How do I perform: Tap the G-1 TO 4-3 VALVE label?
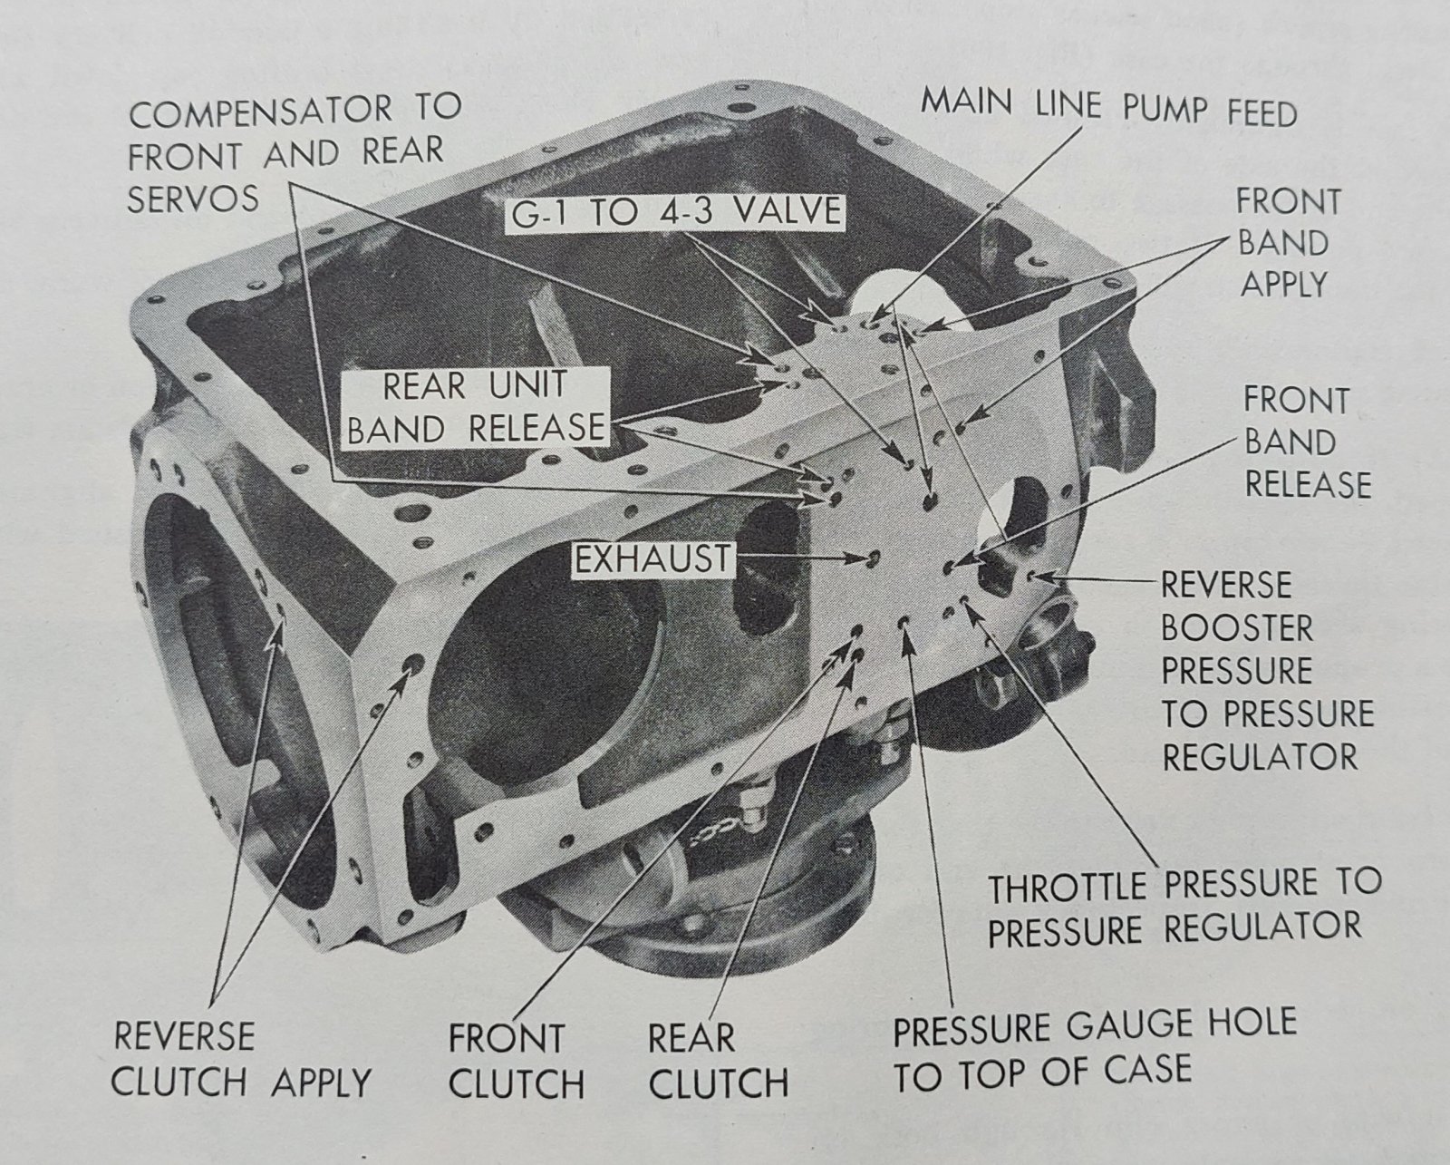click(x=676, y=214)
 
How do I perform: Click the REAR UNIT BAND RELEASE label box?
click(x=476, y=407)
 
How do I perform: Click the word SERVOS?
click(x=193, y=199)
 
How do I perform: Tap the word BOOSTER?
click(x=1237, y=628)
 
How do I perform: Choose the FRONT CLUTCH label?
click(x=517, y=1061)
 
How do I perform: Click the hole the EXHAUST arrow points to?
click(x=874, y=558)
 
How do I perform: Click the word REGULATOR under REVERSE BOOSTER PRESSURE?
click(x=1260, y=756)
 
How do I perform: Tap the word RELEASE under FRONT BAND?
click(x=1307, y=484)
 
